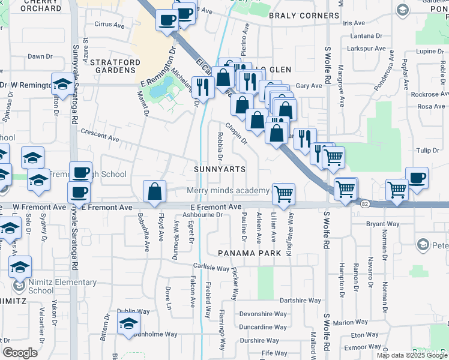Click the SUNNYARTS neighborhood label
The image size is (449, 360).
220,169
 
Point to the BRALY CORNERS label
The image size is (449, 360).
296,16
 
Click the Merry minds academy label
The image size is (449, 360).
228,191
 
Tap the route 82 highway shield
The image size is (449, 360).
365,204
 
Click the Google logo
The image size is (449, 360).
20,353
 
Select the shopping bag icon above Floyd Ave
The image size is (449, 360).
155,191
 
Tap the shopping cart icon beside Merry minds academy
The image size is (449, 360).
283,193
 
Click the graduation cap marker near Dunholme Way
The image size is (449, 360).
128,323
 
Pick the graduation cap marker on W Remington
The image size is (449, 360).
62,85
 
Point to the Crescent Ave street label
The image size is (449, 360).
100,134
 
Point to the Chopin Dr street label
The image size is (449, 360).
236,133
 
